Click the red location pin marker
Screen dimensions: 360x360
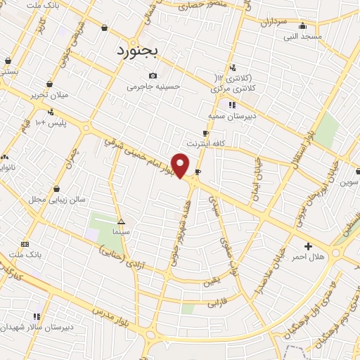(x=181, y=165)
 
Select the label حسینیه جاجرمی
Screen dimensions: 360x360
(x=153, y=87)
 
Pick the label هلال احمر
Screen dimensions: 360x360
(x=309, y=257)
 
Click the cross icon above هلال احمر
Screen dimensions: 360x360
(x=308, y=246)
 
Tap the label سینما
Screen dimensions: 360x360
(x=120, y=231)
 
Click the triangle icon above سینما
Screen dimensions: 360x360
(x=121, y=221)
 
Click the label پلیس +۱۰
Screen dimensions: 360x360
(x=51, y=123)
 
